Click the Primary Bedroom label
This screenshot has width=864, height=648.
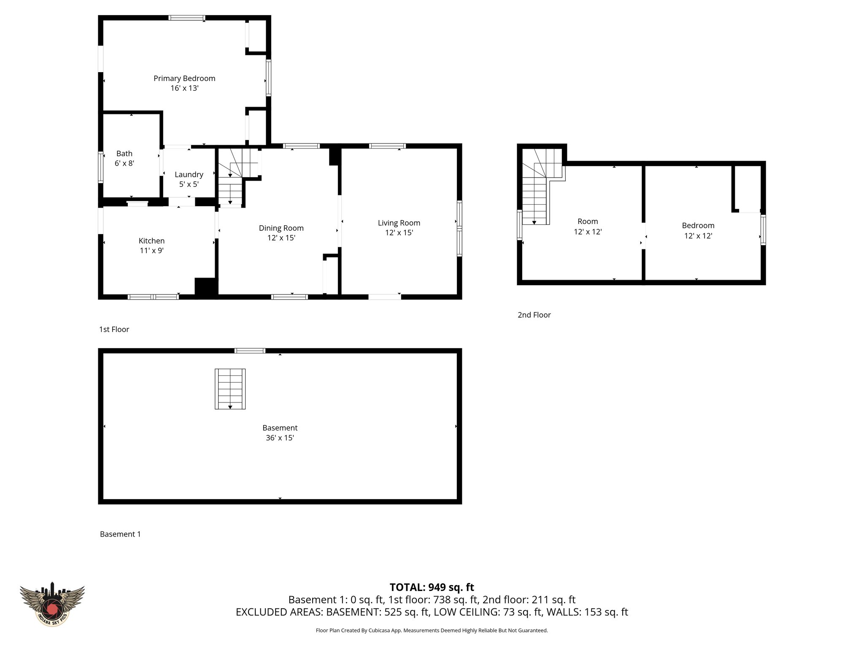184,78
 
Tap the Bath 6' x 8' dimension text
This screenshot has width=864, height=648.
124,163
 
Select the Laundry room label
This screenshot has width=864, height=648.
189,174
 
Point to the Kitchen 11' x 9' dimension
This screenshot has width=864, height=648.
151,251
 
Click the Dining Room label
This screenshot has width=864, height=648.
281,228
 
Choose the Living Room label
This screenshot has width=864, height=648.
399,223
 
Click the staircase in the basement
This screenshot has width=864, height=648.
230,389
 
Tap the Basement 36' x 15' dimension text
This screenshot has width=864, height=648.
280,438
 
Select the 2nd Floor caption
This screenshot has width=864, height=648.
534,315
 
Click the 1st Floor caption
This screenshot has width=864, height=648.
114,329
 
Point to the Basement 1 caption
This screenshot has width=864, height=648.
120,534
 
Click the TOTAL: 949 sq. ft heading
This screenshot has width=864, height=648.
432,587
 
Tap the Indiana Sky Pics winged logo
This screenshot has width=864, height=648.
52,604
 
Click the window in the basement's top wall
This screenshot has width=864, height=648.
250,351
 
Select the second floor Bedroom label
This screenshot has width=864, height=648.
698,226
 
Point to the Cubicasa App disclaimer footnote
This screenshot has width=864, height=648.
432,631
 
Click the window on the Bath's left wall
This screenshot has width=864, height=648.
100,167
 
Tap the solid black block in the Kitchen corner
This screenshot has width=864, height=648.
206,287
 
